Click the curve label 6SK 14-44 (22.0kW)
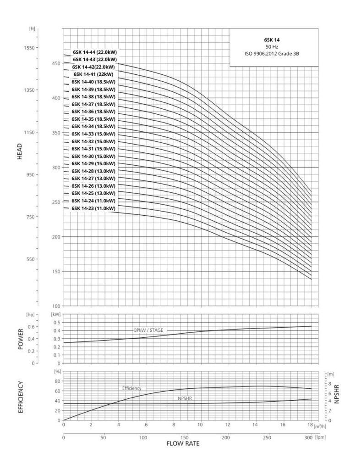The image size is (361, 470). coord(95,52)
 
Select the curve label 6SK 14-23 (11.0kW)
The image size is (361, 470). coord(93,208)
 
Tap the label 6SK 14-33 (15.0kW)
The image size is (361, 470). coord(93,134)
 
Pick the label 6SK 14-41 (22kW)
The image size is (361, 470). coord(93,74)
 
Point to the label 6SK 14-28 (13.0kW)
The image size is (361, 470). coord(93,171)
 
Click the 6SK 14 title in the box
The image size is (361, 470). coord(273,40)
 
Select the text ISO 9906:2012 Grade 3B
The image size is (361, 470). coord(273,54)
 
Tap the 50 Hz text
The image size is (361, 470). coord(273,47)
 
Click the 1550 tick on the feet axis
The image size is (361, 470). coord(34,48)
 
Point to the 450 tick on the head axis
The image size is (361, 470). coord(56,63)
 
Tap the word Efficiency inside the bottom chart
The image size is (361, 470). coord(131,388)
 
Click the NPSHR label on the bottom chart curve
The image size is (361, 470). coord(185,399)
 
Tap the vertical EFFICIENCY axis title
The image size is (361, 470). coord(20,397)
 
